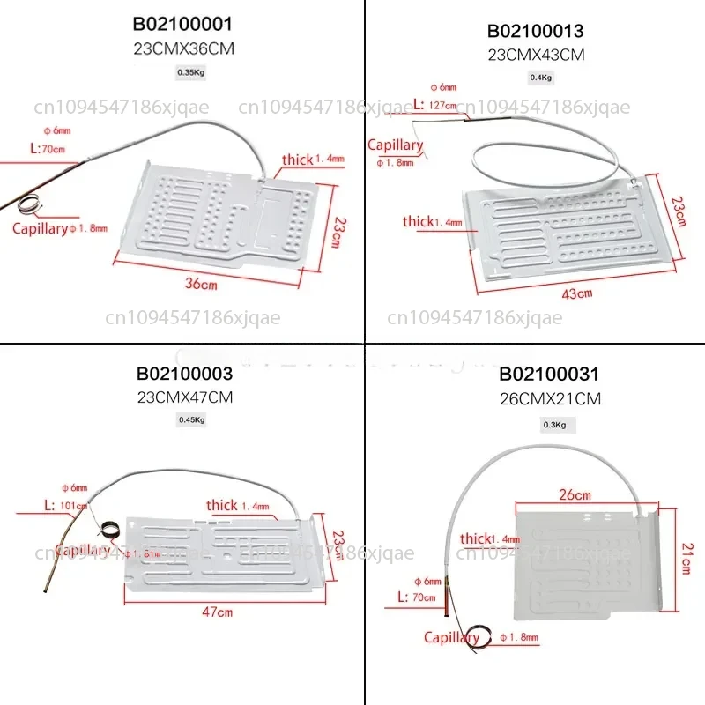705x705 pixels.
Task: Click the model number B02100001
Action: point(183,23)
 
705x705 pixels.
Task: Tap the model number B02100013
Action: point(536,32)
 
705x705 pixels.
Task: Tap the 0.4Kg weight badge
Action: point(539,78)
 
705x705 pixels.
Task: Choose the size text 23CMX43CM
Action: point(536,54)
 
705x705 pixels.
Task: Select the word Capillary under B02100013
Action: point(396,145)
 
